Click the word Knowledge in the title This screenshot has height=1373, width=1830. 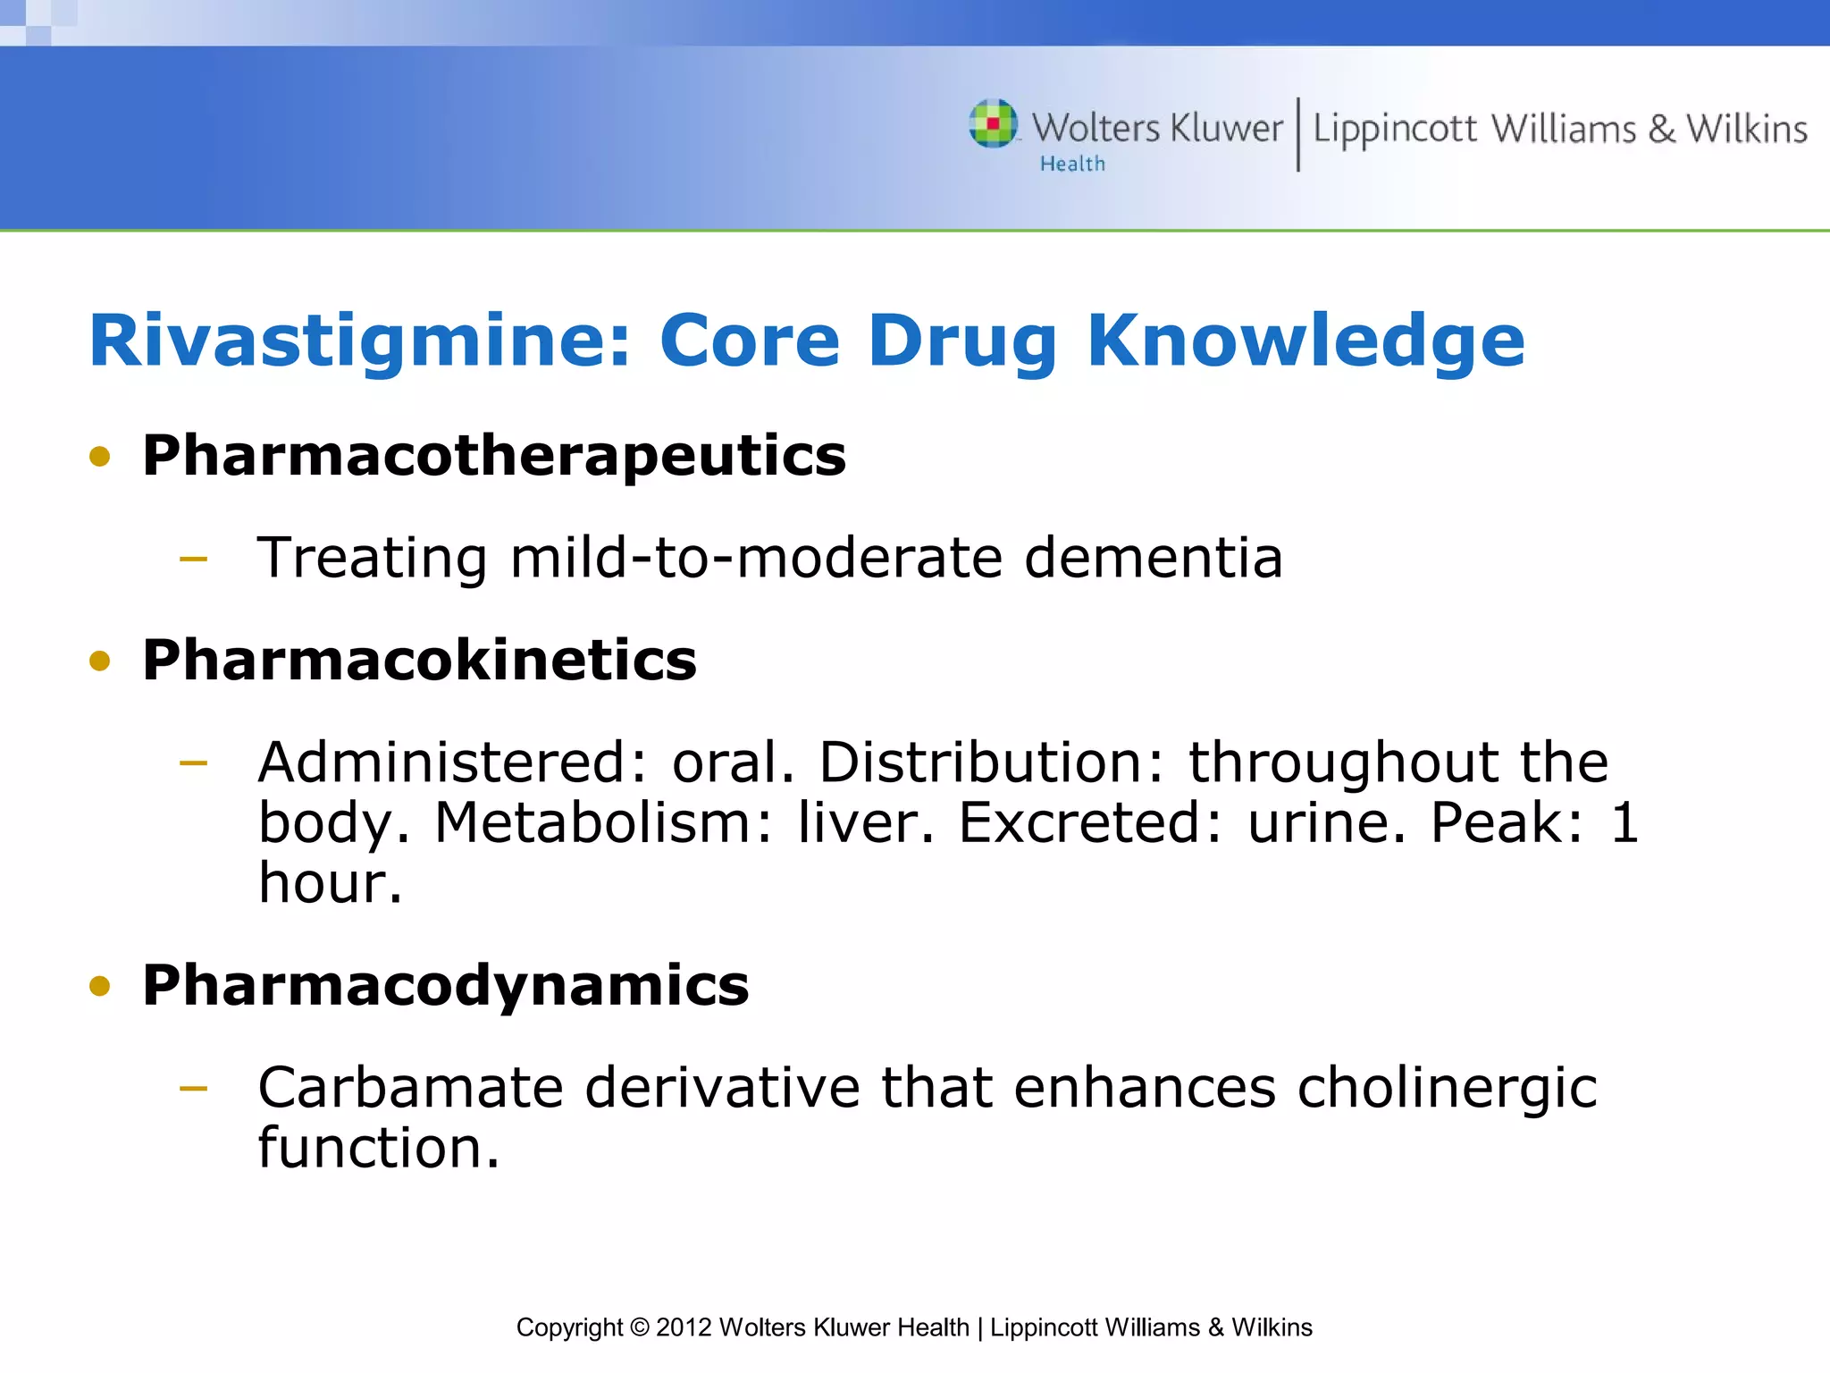(1305, 342)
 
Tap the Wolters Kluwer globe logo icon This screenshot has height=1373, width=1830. (993, 123)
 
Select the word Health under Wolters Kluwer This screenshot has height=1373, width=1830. (1072, 164)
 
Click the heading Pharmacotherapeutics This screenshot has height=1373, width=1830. (493, 456)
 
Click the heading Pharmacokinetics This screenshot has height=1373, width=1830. (419, 661)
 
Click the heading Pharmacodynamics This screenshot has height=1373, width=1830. (445, 986)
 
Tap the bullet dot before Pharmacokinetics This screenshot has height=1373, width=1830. (99, 661)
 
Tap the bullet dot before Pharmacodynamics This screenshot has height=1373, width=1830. (99, 987)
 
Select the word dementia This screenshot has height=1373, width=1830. (1153, 558)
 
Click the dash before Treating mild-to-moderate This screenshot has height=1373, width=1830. (193, 560)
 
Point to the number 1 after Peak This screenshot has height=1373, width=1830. (1624, 822)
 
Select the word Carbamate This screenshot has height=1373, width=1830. (410, 1088)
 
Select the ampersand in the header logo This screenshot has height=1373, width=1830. (1661, 130)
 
